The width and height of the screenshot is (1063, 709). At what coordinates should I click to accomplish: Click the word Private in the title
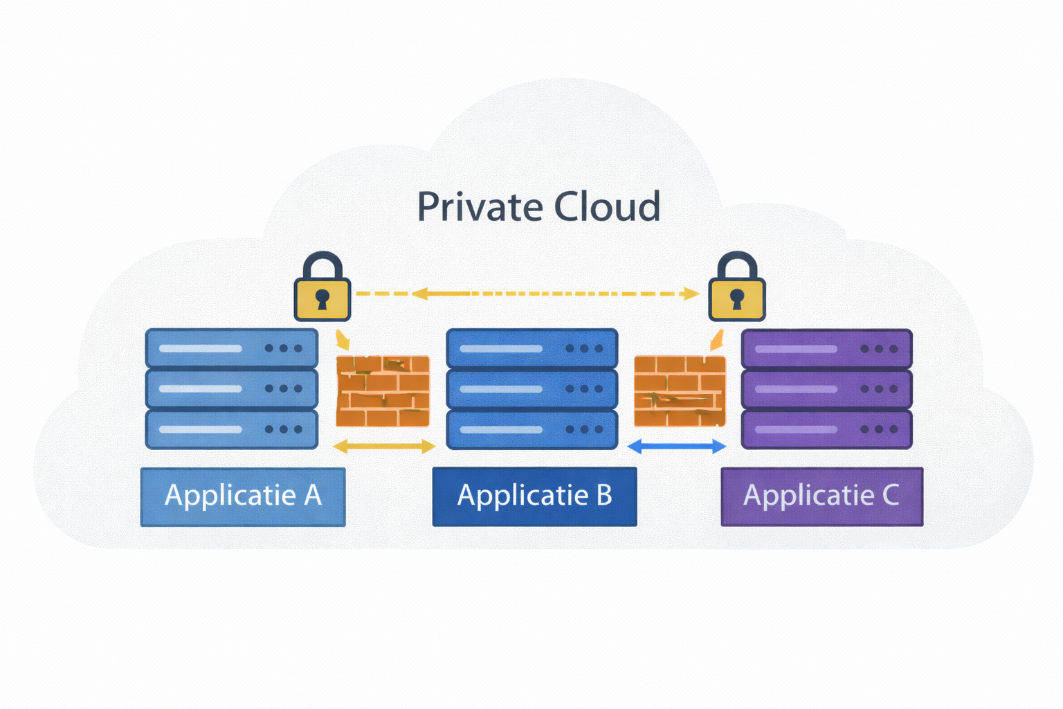point(479,207)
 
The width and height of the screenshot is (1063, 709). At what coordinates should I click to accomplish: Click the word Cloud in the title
point(607,207)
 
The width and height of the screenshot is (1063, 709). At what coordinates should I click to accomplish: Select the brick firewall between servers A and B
point(383,391)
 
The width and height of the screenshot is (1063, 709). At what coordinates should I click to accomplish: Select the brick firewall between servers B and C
point(680,391)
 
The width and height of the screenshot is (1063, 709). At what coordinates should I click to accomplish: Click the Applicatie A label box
point(243,496)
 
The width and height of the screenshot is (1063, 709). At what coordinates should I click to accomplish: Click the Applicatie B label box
point(534,496)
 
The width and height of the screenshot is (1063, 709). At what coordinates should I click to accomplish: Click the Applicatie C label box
point(821,496)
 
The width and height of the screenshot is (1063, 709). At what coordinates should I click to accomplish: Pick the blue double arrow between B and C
point(677,447)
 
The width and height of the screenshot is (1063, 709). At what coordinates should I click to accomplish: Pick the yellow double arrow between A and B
point(384,447)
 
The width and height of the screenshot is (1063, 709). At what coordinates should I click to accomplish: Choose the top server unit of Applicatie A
point(231,348)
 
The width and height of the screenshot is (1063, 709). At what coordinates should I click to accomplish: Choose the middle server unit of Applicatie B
point(531,389)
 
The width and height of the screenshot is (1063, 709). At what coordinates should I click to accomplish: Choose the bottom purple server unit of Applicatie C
point(826,429)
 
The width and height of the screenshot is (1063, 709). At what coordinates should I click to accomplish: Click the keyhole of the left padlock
point(322,299)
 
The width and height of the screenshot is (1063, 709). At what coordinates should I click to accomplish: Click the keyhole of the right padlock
point(737,299)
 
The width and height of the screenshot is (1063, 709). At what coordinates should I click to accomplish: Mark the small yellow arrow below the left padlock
point(343,341)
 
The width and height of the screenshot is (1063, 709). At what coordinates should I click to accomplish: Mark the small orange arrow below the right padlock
point(717,340)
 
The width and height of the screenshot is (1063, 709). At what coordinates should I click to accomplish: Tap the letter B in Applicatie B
point(603,496)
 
